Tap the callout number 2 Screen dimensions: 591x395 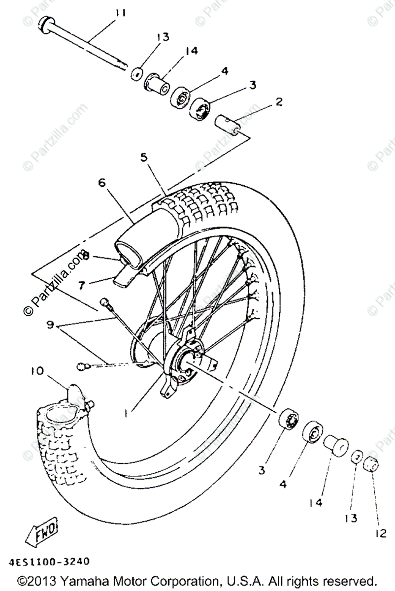point(279,102)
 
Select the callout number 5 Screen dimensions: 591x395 point(144,158)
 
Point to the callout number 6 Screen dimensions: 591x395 point(101,182)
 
